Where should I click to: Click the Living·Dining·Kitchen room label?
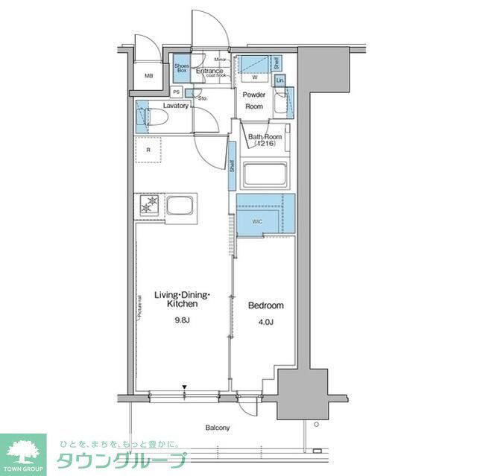tap(183, 299)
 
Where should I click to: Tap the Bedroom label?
tap(265, 306)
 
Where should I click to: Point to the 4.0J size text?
tap(265, 323)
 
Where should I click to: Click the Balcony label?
tap(218, 428)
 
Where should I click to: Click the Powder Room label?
tap(256, 101)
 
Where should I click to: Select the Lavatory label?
tap(175, 106)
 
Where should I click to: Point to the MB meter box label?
tap(148, 75)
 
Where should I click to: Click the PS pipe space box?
tap(176, 92)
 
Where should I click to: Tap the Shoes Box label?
tap(182, 69)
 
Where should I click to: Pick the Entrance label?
tap(210, 72)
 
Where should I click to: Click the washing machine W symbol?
tap(255, 77)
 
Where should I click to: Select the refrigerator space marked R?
tap(149, 150)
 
